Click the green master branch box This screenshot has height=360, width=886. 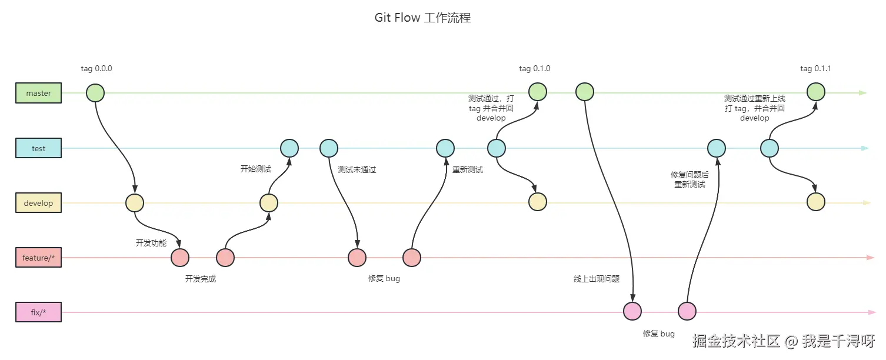[38, 93]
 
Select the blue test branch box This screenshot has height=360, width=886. [38, 148]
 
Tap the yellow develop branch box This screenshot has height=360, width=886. [38, 202]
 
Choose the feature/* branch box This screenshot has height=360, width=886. [38, 258]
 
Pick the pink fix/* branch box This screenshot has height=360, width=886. [38, 312]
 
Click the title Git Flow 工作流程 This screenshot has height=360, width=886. [422, 18]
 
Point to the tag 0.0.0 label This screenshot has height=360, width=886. [96, 68]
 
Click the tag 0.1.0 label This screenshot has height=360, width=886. [534, 68]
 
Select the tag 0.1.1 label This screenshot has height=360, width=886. [815, 68]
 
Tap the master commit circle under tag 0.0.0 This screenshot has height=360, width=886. [95, 93]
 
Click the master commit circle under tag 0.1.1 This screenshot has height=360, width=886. [815, 92]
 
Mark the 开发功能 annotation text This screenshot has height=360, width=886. [151, 243]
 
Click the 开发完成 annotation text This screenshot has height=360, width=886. [200, 279]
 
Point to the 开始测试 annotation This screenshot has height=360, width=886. [255, 169]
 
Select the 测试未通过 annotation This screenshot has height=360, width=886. [357, 170]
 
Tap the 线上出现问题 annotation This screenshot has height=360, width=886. [596, 279]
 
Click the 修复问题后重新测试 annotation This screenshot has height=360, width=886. [690, 179]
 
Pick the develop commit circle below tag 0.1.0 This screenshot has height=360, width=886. [538, 202]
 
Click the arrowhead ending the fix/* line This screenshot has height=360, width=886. [872, 312]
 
